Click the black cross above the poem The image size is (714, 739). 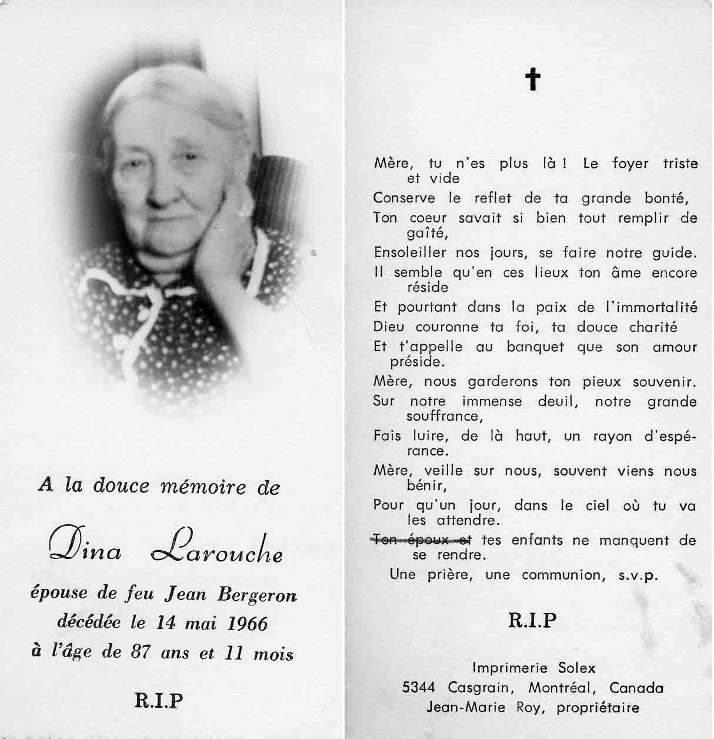tap(532, 79)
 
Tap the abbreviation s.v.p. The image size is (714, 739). tap(638, 575)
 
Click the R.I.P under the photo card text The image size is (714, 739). tap(159, 700)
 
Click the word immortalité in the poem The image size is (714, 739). tap(651, 307)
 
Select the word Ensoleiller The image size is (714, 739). tap(412, 252)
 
